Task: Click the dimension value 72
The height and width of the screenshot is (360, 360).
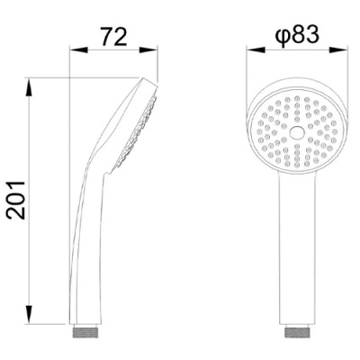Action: point(113,37)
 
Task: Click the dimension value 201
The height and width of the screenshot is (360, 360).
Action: point(16,200)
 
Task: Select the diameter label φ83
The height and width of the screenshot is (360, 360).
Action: point(296,35)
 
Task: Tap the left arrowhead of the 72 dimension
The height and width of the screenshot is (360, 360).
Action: point(78,50)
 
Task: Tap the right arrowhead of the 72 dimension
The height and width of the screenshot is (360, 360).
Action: point(148,50)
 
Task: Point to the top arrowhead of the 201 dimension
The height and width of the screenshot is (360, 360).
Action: point(29,87)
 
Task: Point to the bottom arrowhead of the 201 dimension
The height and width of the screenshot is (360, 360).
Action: point(29,315)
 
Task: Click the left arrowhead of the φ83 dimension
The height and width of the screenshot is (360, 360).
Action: point(256,50)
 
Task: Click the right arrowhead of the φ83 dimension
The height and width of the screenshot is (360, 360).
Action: point(338,50)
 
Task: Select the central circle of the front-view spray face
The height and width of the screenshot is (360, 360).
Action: point(297,132)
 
